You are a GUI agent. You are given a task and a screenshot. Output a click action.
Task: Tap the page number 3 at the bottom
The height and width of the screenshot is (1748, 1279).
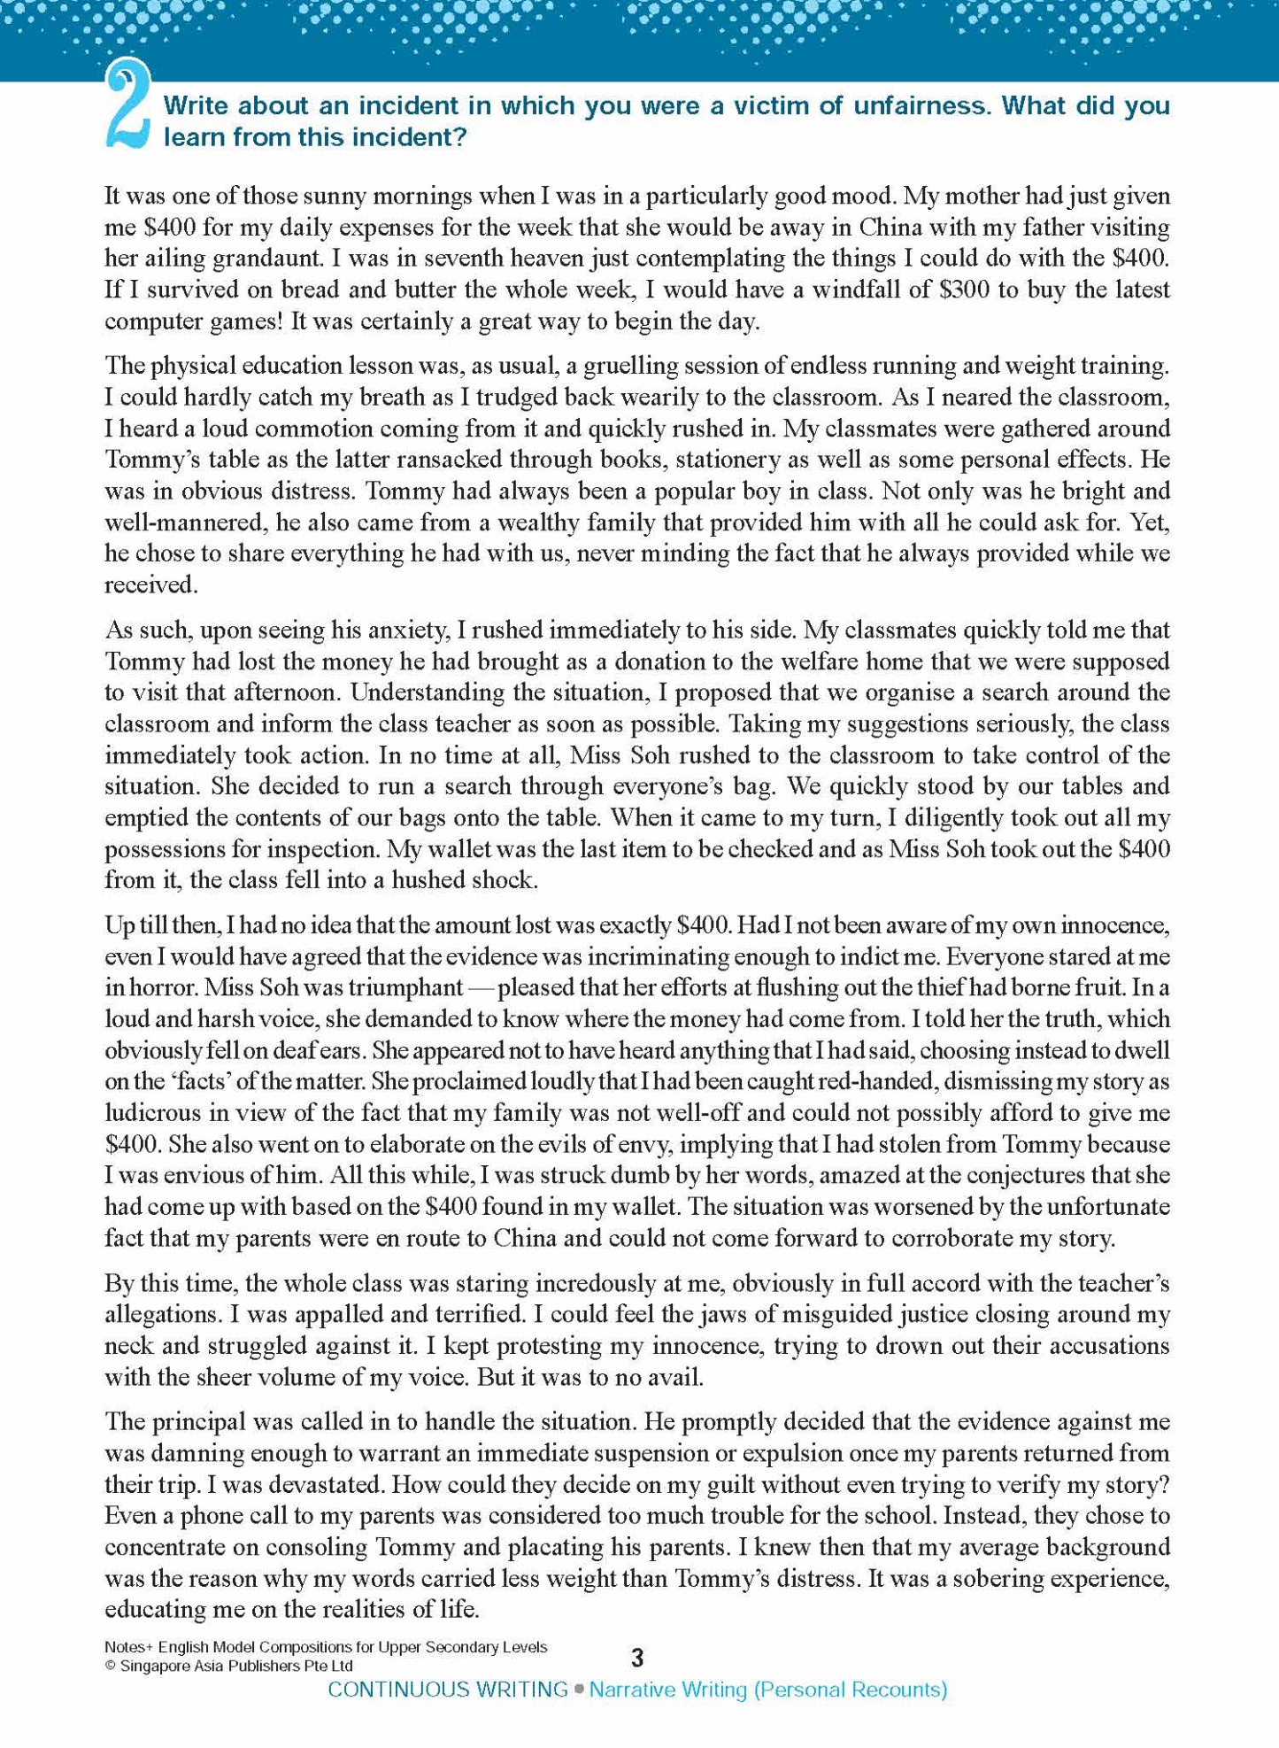tap(637, 1658)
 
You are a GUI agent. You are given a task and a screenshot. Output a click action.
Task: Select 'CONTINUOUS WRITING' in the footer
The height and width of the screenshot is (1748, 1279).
tap(448, 1690)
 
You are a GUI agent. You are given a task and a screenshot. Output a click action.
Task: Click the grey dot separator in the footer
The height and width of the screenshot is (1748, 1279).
tap(579, 1690)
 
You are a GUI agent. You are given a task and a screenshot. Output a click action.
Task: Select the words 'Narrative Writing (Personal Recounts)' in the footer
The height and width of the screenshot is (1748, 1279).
tap(767, 1690)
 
